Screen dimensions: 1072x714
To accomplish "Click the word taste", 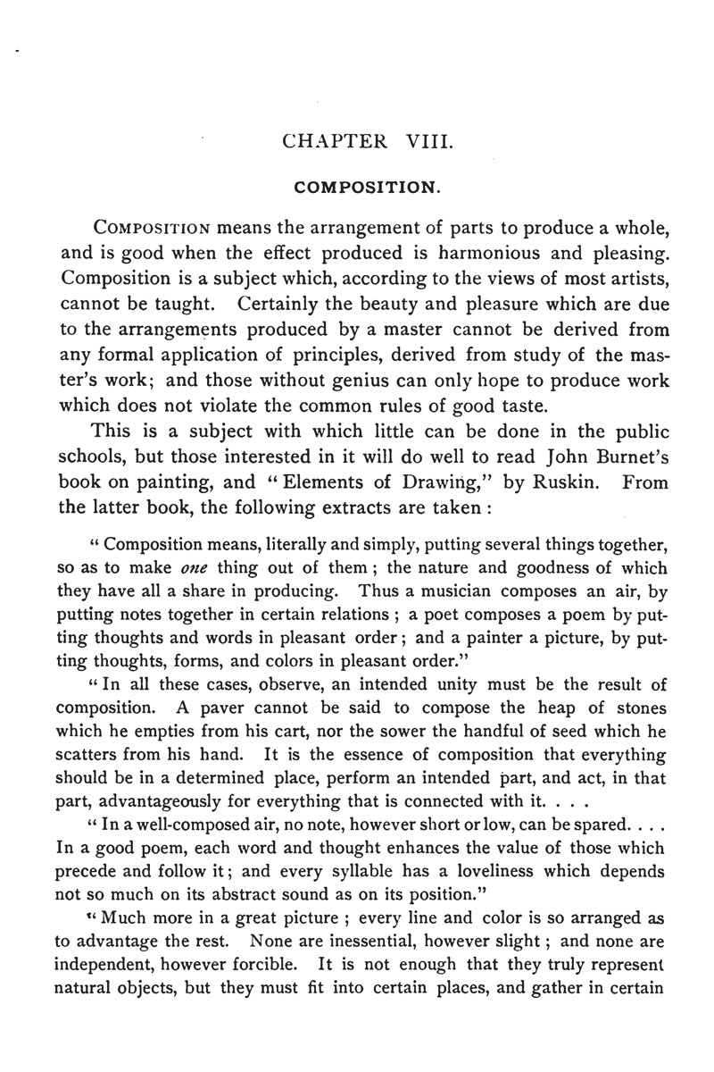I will [519, 406].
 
